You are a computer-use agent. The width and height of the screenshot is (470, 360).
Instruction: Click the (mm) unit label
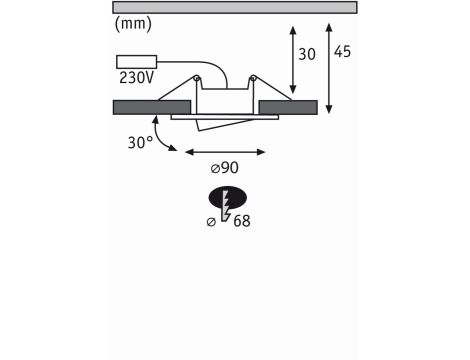(133, 24)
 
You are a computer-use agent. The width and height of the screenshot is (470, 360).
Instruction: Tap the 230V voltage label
(136, 78)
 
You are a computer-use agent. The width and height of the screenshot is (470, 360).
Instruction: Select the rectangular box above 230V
(136, 62)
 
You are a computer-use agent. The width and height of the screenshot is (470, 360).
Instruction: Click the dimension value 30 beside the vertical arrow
(307, 54)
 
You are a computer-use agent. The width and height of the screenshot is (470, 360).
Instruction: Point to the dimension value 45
(342, 52)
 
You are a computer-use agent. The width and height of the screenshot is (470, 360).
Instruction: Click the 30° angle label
(140, 143)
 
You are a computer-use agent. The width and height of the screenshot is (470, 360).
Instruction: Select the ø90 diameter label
(225, 168)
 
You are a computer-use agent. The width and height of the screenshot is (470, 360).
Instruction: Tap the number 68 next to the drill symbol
(242, 221)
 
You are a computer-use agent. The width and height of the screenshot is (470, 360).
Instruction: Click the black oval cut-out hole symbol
(228, 198)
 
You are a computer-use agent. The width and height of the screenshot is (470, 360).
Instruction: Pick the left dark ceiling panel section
(152, 107)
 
